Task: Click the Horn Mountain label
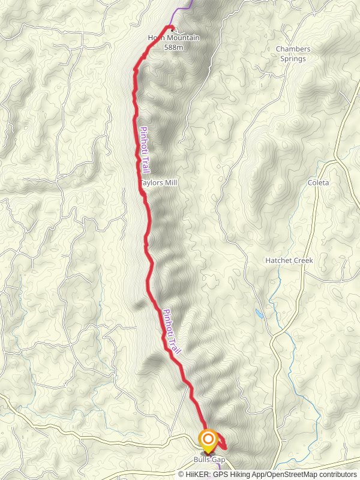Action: (173, 38)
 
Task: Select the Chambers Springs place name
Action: (293, 53)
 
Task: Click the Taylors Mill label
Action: (159, 182)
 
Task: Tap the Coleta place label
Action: (319, 182)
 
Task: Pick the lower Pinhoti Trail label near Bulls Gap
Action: (172, 331)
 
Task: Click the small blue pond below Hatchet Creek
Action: (259, 313)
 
